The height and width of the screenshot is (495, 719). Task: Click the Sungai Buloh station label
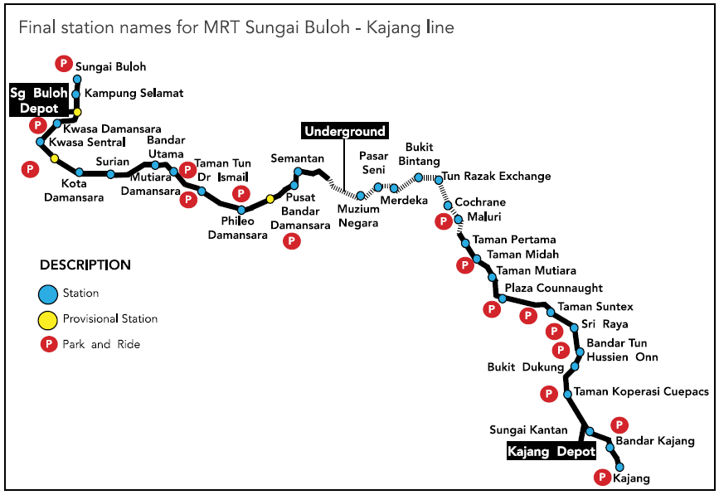click(110, 66)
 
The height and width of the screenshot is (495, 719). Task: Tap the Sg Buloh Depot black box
click(39, 101)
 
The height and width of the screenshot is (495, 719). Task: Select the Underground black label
click(345, 131)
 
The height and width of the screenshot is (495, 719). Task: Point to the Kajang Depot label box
click(551, 452)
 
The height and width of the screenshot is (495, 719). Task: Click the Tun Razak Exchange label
click(496, 177)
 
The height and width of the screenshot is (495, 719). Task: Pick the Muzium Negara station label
click(358, 217)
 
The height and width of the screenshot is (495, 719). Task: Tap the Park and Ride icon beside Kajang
click(603, 477)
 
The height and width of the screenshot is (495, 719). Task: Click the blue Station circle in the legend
click(49, 294)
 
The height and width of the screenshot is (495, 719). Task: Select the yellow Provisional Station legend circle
click(49, 319)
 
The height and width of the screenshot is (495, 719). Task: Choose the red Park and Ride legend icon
click(49, 344)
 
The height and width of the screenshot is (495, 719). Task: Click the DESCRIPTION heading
click(85, 265)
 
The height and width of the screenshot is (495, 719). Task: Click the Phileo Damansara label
click(238, 228)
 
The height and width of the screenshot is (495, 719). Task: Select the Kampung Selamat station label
click(134, 94)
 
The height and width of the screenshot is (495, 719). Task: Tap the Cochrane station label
click(480, 202)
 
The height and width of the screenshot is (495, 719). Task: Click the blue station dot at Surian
click(111, 174)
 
